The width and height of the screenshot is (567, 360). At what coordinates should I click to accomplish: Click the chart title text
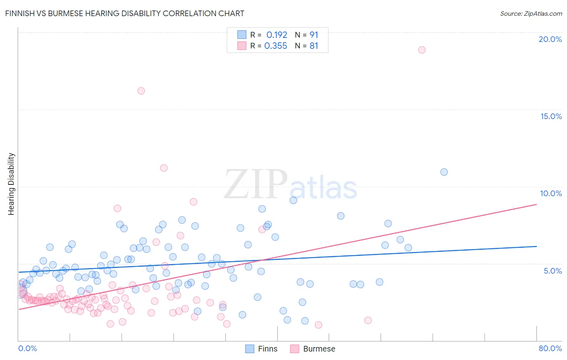(125, 13)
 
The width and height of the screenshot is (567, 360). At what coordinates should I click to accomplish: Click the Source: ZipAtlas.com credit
(531, 14)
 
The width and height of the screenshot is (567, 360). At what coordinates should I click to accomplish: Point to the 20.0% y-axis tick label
(550, 39)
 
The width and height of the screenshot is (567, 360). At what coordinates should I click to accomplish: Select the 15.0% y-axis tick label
(551, 116)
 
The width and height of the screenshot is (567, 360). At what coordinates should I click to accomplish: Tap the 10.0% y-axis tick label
(551, 193)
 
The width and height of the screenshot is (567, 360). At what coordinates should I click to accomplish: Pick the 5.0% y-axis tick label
(552, 271)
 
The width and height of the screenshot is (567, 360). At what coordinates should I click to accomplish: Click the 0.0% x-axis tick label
(27, 348)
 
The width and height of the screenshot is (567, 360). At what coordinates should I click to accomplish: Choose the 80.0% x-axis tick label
(550, 348)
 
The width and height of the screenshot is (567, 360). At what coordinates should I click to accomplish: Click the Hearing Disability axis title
(11, 184)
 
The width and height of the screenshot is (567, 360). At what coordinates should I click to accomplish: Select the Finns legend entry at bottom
(262, 349)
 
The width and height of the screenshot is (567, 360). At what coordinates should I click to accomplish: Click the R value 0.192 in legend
(277, 35)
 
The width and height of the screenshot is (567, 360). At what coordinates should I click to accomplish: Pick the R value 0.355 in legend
(275, 46)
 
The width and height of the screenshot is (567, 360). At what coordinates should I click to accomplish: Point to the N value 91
(314, 35)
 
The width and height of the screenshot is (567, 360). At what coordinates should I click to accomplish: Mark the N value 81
(314, 46)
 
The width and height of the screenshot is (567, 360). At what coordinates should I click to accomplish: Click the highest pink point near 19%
(422, 50)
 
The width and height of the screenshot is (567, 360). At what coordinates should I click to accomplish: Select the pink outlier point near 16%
(141, 91)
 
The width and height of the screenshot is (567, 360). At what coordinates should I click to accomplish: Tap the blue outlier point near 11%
(444, 172)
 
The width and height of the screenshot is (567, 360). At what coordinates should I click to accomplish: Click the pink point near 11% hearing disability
(164, 168)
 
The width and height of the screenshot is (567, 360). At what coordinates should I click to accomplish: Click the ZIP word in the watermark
(255, 184)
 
